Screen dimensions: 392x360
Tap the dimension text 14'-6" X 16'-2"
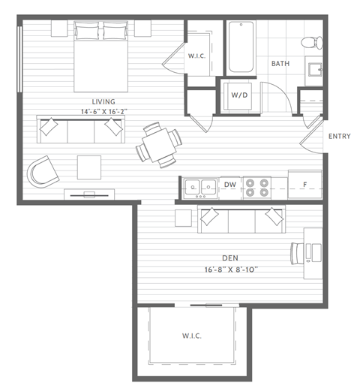pos(103,111)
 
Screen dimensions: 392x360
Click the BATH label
pos(280,64)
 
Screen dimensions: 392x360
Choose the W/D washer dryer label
pos(239,95)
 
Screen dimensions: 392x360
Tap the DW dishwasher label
pos(230,183)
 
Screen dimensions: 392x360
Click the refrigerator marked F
pos(304,183)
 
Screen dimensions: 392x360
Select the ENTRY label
pos(339,136)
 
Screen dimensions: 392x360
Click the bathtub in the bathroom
pos(241,47)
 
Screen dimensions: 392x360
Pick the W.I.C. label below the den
pos(193,335)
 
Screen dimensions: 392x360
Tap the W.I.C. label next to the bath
pos(198,55)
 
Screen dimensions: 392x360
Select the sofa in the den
pos(241,218)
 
